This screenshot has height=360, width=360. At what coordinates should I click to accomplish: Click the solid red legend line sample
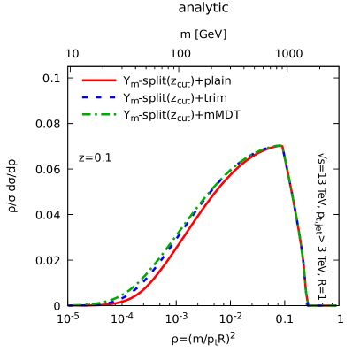98,80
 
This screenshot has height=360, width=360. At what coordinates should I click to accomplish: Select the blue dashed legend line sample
98,97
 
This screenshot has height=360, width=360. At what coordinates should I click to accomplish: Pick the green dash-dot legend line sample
98,114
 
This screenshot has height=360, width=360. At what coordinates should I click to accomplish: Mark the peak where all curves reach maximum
281,145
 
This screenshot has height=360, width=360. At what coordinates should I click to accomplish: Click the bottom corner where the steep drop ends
308,305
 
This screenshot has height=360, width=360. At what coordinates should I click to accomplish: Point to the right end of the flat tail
336,305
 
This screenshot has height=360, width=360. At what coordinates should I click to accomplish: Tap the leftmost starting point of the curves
69,305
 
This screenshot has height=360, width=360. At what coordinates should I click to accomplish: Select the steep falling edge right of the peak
295,221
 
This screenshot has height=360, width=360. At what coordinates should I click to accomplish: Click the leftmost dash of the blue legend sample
85,97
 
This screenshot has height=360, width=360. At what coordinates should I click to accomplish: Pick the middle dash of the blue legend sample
98,97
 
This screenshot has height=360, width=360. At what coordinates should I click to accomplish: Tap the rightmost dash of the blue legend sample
111,97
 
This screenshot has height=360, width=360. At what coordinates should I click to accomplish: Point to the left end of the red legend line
82,80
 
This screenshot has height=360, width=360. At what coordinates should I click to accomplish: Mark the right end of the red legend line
115,80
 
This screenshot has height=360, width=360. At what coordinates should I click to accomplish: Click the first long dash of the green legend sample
87,114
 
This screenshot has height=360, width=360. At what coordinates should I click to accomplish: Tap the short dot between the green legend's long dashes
96,114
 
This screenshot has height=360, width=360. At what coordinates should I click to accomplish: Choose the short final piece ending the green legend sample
114,114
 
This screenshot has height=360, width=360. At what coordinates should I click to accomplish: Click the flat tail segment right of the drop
322,305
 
